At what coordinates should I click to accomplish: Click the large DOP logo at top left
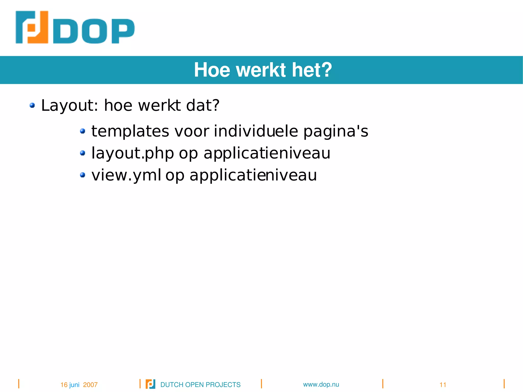click(75, 27)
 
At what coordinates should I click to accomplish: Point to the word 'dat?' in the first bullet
click(203, 105)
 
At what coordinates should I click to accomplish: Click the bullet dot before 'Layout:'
click(32, 105)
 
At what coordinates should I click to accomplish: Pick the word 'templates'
click(130, 131)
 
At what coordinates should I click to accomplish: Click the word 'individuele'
click(256, 131)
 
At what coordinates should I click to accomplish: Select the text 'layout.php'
click(133, 153)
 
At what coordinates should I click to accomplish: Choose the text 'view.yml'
click(126, 175)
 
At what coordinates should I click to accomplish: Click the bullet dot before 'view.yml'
click(82, 175)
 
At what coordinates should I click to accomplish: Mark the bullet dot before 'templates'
click(82, 131)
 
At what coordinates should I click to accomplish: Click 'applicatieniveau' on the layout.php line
click(267, 153)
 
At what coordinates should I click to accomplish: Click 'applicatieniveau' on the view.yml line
click(253, 175)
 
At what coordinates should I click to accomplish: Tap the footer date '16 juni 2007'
click(79, 385)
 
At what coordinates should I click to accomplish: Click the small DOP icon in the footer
click(150, 384)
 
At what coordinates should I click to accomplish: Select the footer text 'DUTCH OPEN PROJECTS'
click(200, 385)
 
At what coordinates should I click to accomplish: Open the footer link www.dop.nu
click(321, 384)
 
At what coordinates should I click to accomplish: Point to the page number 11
click(443, 385)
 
